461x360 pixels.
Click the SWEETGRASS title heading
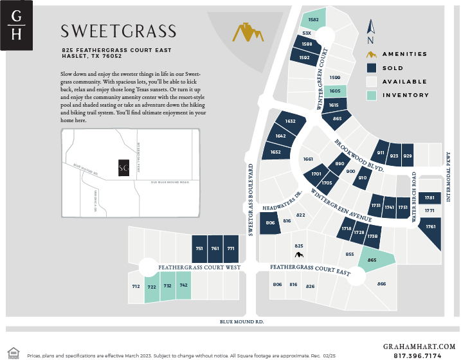click(x=118, y=32)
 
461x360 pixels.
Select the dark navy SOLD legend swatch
click(x=371, y=67)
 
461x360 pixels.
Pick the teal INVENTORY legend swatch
click(x=371, y=95)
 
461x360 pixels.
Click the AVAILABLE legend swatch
click(x=371, y=82)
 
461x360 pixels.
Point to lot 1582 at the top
click(x=314, y=19)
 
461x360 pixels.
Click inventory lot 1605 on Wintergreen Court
click(x=334, y=91)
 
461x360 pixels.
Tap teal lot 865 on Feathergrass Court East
click(x=372, y=259)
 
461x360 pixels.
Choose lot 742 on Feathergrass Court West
click(x=183, y=285)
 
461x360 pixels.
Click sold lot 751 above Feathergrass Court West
click(x=200, y=248)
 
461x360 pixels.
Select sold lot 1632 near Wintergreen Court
click(x=289, y=122)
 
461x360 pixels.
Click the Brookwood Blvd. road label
click(x=359, y=156)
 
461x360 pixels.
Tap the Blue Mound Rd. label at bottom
click(x=242, y=321)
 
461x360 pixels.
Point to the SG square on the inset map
click(x=123, y=168)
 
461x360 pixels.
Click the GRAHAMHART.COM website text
click(x=420, y=346)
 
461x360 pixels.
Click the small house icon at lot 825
click(x=298, y=255)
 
